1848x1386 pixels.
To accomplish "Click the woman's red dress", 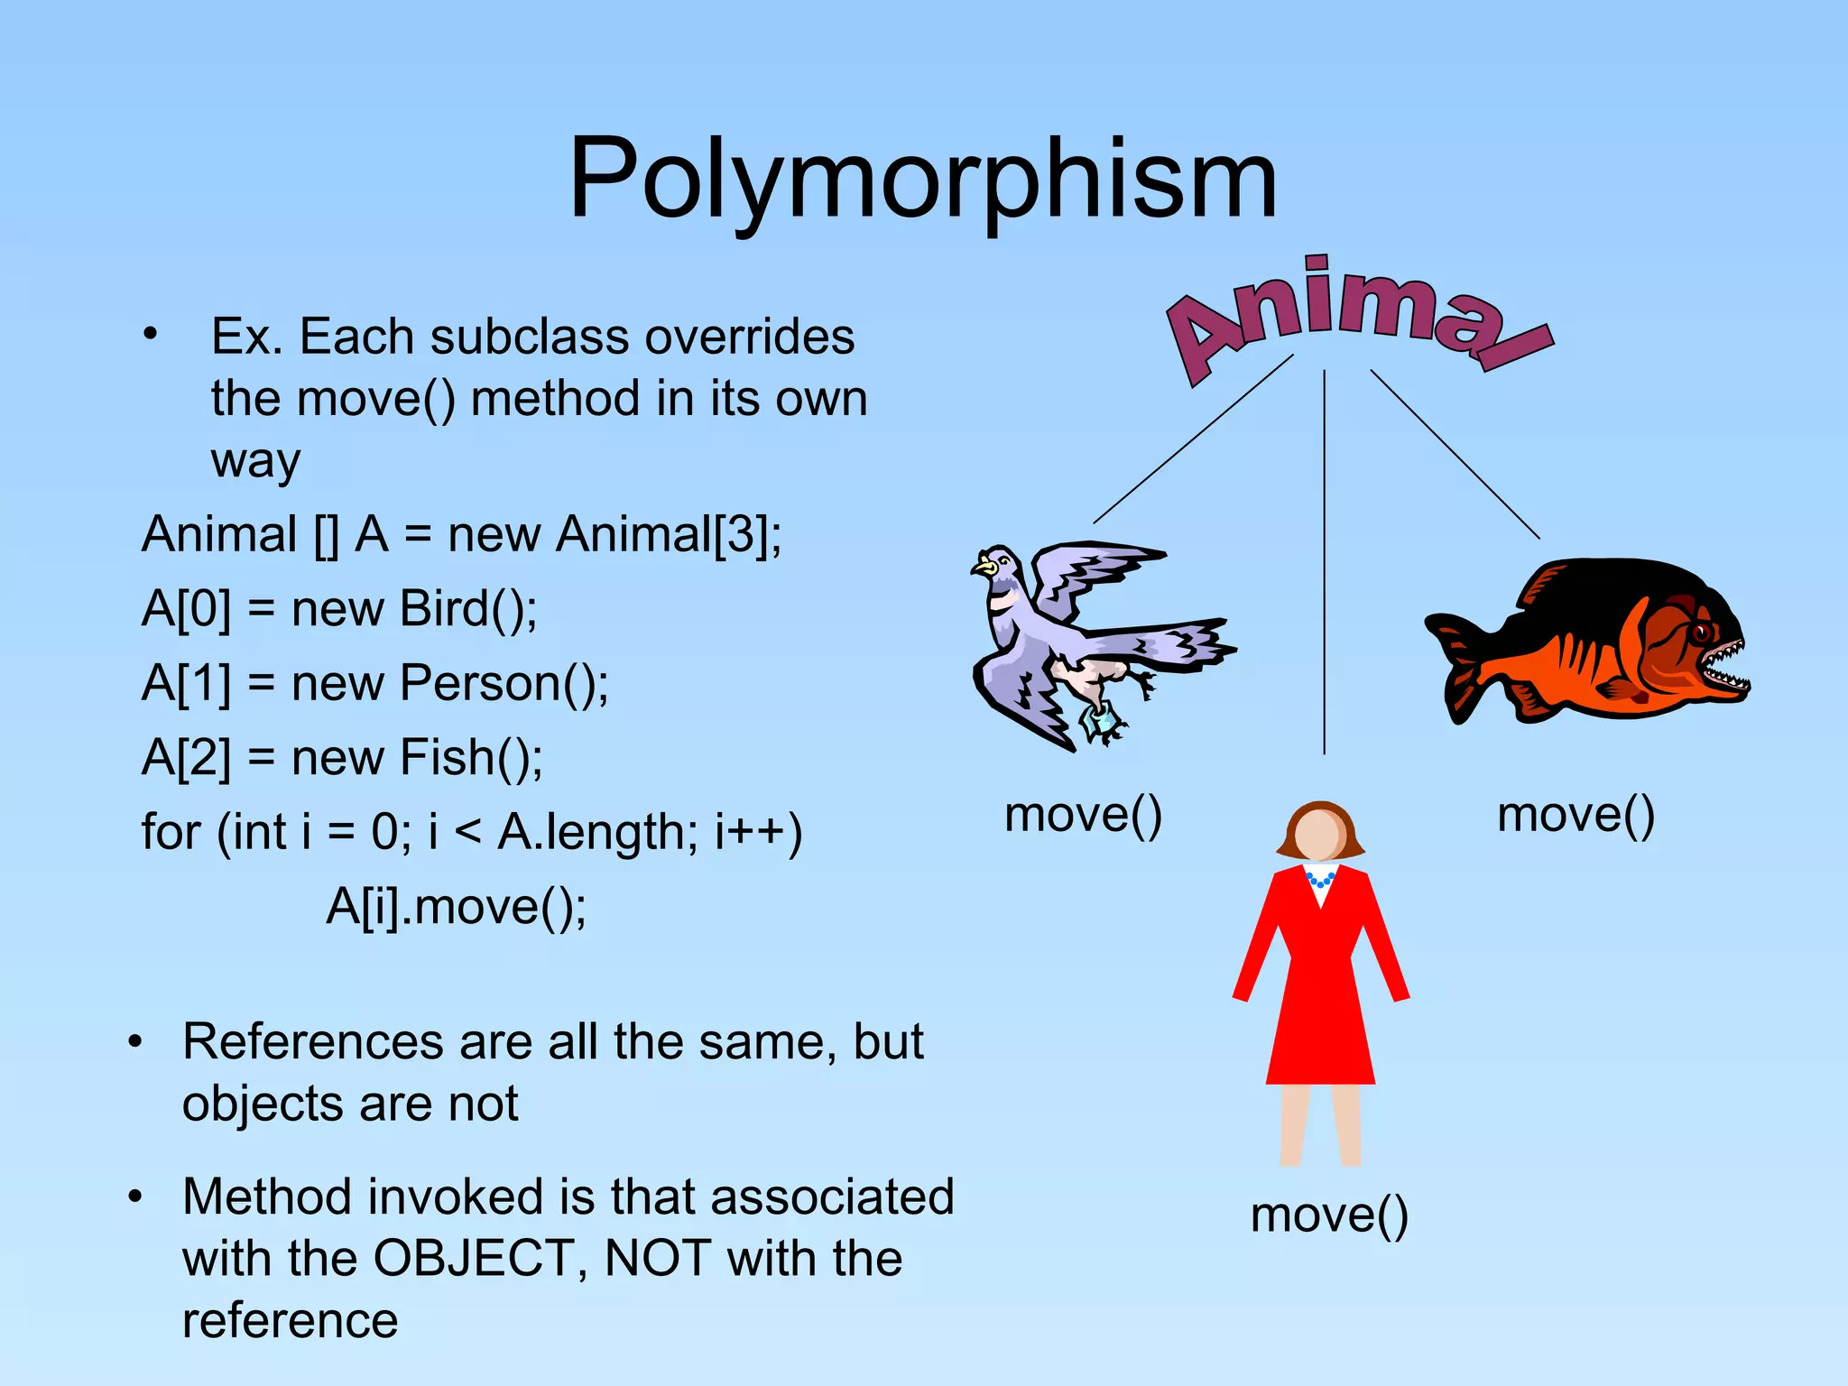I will [1319, 984].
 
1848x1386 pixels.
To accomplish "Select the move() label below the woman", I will [1328, 1215].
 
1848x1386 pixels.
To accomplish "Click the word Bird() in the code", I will [467, 609].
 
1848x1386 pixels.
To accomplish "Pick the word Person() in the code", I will [504, 683].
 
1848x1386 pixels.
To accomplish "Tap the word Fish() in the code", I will [470, 758].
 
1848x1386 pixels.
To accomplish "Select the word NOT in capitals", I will [658, 1258].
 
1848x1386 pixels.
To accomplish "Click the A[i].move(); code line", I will [456, 907].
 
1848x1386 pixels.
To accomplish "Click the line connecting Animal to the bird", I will [1193, 439].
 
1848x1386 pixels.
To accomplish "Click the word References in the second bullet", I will [313, 1042].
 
